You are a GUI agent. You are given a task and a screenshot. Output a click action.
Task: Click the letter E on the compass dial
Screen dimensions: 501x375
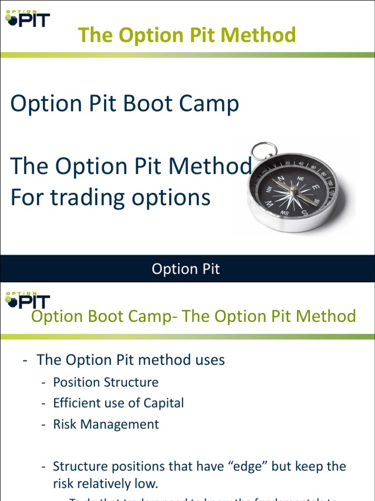click(315, 187)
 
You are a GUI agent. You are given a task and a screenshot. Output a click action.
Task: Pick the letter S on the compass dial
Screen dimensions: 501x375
click(305, 212)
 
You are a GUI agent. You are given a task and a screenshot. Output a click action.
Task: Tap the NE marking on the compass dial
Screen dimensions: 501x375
click(300, 179)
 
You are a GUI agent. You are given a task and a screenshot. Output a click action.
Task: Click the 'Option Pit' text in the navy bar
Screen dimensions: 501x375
click(186, 269)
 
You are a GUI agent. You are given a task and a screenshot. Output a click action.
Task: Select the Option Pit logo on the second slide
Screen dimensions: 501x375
click(27, 299)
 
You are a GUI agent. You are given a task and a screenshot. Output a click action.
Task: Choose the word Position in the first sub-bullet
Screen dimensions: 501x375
click(76, 382)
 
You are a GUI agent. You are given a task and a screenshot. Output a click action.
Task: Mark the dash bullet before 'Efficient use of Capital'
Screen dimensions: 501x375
click(44, 403)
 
